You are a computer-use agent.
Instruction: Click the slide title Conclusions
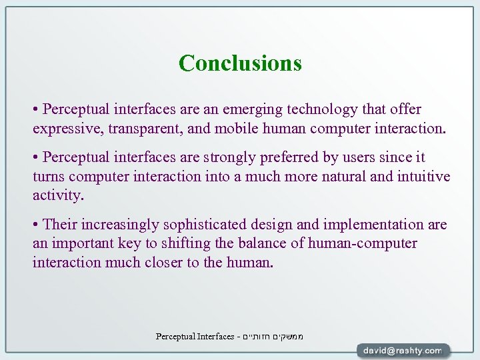[x=240, y=63]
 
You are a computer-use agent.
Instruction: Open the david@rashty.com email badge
[x=403, y=350]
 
